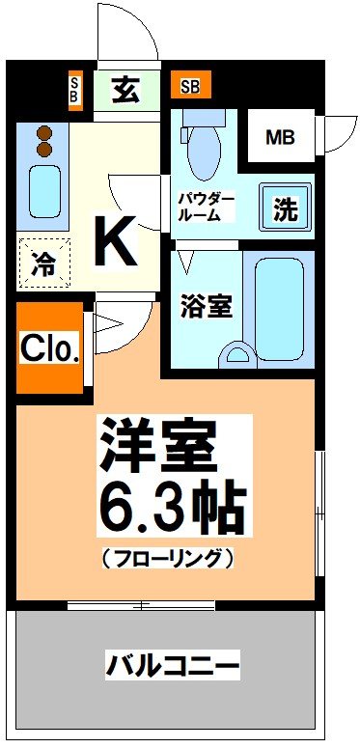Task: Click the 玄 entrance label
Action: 125,89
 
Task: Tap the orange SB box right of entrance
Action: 190,87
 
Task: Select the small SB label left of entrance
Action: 75,89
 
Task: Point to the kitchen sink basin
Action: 43,191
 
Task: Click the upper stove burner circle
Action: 42,133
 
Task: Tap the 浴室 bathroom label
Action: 207,307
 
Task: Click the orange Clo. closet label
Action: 49,348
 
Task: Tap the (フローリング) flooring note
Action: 166,557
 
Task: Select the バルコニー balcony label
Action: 172,665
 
